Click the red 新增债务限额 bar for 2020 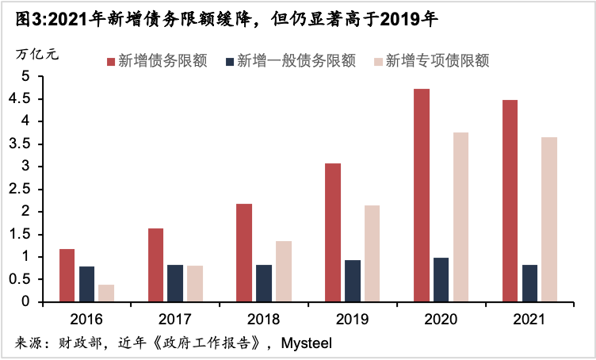coord(422,195)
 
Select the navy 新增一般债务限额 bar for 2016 coord(86,284)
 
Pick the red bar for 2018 coord(244,252)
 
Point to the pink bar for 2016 coord(106,293)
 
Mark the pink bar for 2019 coord(372,253)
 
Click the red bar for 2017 coord(156,265)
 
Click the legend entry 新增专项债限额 coord(437,61)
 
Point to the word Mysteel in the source coord(305,344)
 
